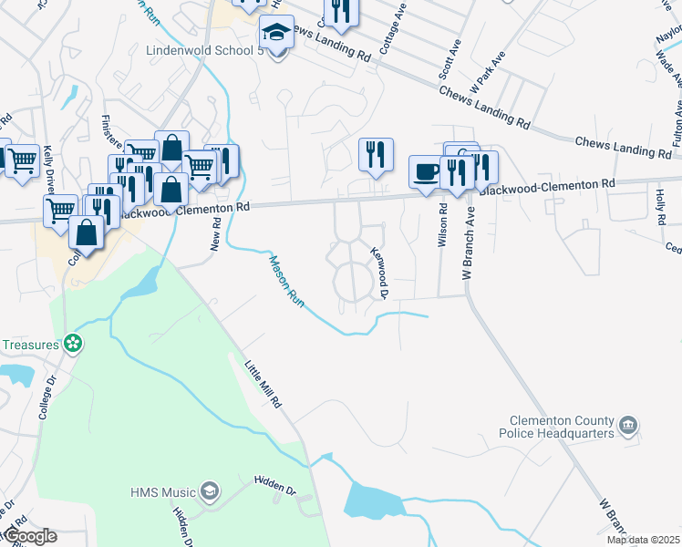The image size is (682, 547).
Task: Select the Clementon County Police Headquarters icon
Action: pyautogui.click(x=627, y=426)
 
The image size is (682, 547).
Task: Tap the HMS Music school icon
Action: pyautogui.click(x=210, y=492)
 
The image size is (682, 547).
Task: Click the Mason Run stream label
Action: pyautogui.click(x=284, y=278)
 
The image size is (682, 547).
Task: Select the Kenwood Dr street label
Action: pyautogui.click(x=379, y=273)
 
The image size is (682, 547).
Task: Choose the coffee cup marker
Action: pyautogui.click(x=426, y=172)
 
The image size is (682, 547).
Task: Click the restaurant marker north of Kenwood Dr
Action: pyautogui.click(x=375, y=155)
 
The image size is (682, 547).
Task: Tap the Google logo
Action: pyautogui.click(x=29, y=536)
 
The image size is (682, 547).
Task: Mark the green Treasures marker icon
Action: pyautogui.click(x=72, y=345)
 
